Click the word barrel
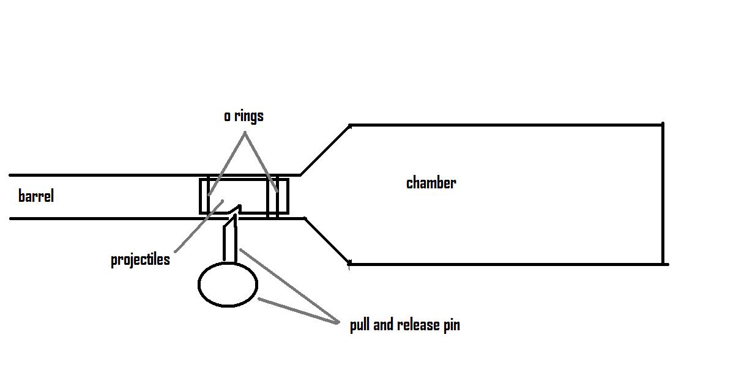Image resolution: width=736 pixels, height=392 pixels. point(36,196)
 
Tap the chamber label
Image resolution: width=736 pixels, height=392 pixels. point(431,182)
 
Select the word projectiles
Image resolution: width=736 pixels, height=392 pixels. point(140,259)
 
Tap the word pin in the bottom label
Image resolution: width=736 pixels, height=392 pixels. point(452,325)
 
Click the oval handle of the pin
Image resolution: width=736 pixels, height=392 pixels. point(228,284)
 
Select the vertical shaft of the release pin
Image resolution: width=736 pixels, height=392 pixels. point(230,242)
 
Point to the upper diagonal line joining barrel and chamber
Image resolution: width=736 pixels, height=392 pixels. point(324,150)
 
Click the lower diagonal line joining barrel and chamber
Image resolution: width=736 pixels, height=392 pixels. point(327,241)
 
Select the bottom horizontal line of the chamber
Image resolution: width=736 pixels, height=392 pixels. point(508,264)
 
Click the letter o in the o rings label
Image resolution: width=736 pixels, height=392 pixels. point(227,116)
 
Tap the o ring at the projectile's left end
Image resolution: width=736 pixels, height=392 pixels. point(208,196)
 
